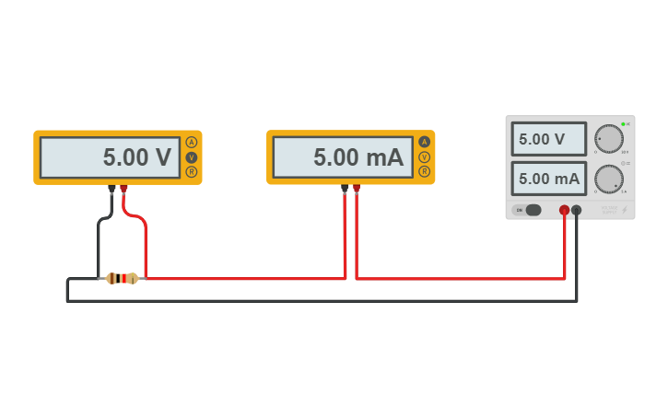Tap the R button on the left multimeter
coord(192,172)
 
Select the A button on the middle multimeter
coord(425,142)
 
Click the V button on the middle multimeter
coord(425,156)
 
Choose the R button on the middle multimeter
coord(425,172)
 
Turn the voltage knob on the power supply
coord(608,139)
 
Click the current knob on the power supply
coord(608,179)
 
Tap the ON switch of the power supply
coord(528,210)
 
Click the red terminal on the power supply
coord(564,210)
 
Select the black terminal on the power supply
coord(577,210)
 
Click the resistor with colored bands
coord(122,278)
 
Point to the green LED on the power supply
coord(623,123)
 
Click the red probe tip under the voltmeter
coord(123,190)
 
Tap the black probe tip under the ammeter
coord(345,189)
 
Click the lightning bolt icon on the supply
coord(624,210)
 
